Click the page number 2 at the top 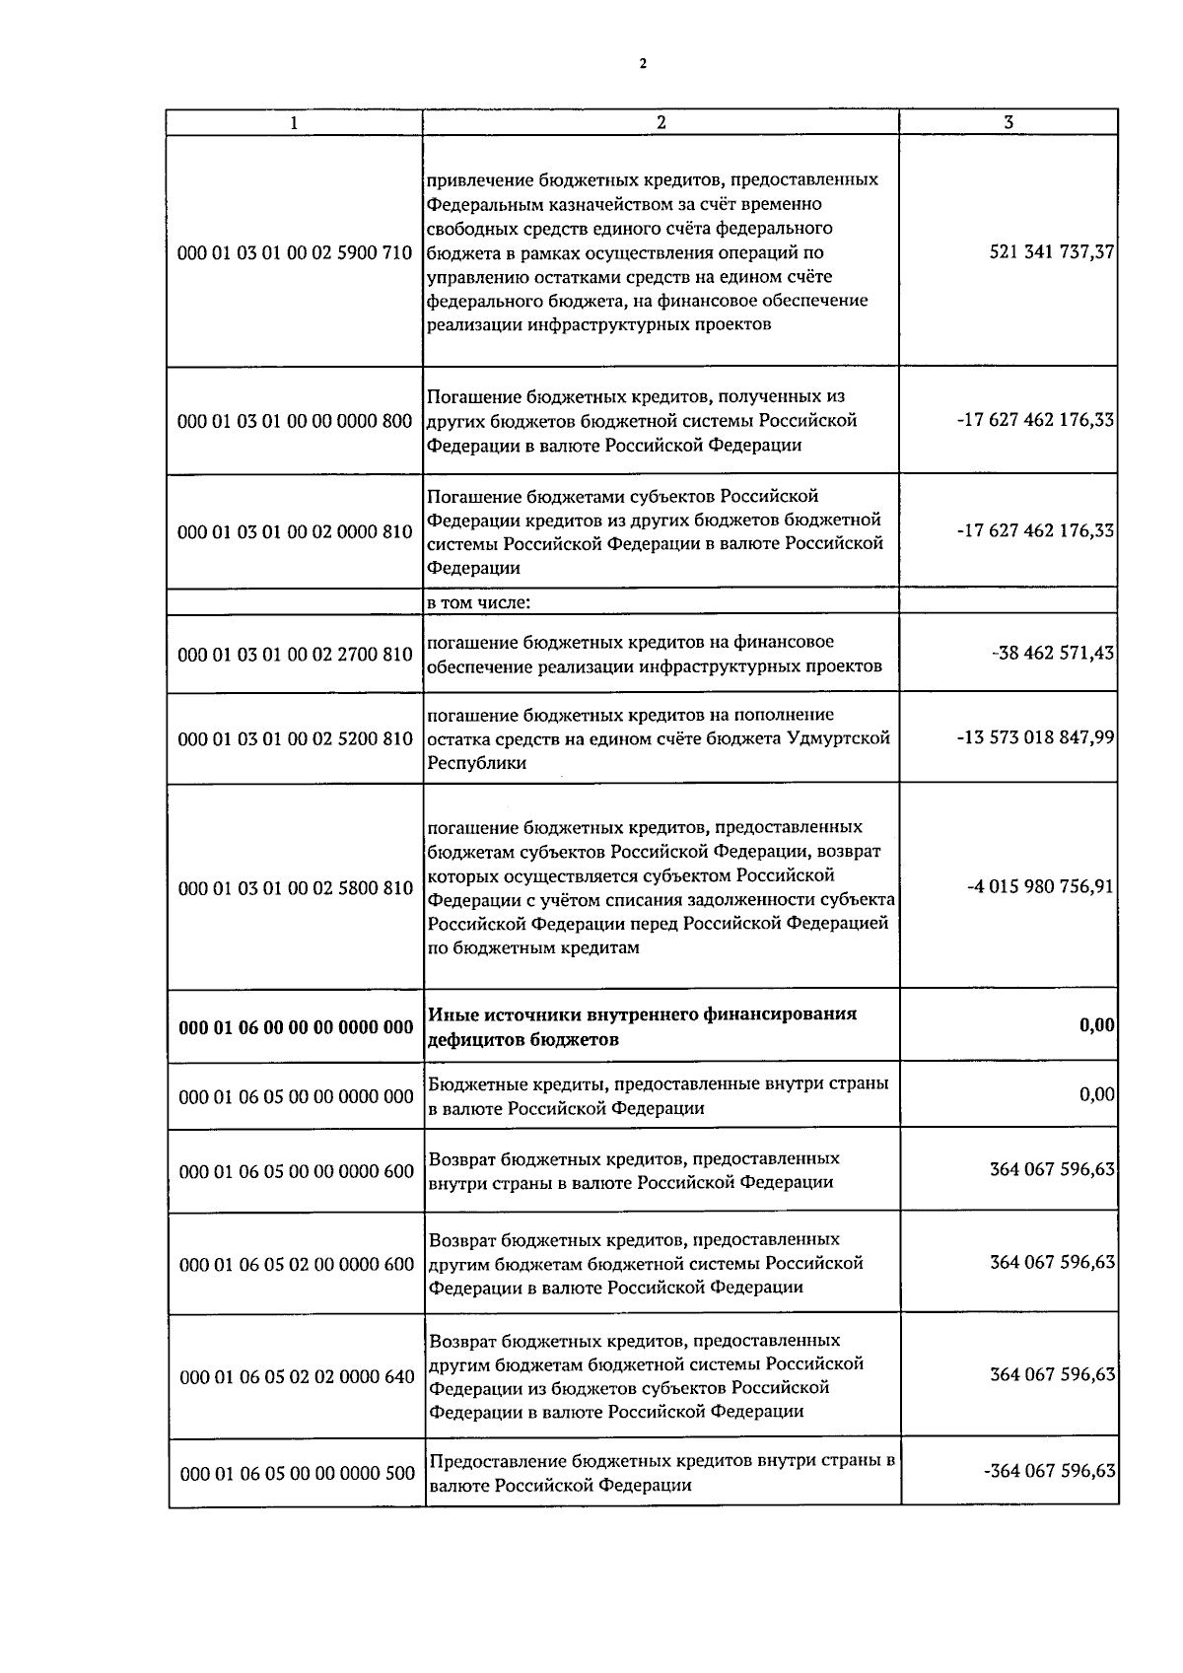pos(643,65)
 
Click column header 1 pos(294,123)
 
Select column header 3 pos(1008,122)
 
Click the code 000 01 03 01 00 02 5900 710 pos(294,252)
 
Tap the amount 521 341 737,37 pos(1051,252)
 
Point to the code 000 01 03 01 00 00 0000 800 pos(294,422)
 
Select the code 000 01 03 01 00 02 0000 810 pos(294,532)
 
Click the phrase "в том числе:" pos(478,602)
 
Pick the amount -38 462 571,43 pos(1053,654)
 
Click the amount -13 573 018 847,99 pos(1035,738)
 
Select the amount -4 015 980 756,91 pos(1040,887)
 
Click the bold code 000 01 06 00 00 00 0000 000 pos(296,1027)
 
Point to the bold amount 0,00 pos(1096,1026)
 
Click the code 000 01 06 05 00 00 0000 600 pos(296,1171)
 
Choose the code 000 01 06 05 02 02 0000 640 pos(296,1376)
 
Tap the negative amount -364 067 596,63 pos(1049,1472)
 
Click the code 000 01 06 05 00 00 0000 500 pos(296,1474)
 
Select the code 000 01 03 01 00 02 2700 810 pos(294,655)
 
